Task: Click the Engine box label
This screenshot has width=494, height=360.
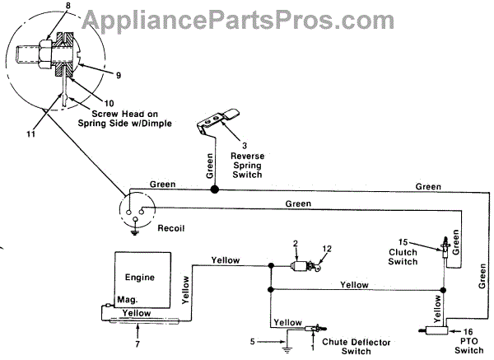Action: (141, 278)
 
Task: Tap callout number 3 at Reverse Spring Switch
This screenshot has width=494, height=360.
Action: (221, 145)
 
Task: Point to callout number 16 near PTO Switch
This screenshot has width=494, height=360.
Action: (462, 328)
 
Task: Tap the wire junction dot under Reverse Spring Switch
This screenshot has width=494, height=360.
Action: (215, 189)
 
